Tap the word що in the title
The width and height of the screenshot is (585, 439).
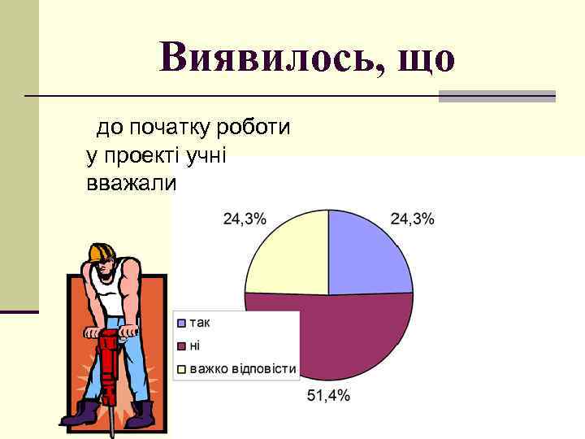click(x=423, y=56)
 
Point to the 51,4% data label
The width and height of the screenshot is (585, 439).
click(x=328, y=396)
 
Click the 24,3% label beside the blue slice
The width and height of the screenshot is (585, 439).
click(x=412, y=219)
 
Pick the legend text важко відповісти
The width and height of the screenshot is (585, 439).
click(x=243, y=369)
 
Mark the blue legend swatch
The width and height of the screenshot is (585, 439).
click(x=182, y=323)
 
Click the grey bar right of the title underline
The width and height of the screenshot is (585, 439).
click(x=497, y=96)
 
